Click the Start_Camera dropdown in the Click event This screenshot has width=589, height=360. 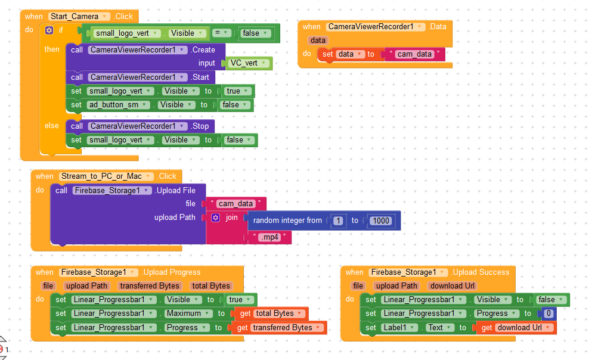pos(79,17)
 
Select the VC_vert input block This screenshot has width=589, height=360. pos(249,63)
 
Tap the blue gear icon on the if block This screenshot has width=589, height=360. pos(49,30)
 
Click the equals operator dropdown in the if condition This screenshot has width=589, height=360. pos(221,33)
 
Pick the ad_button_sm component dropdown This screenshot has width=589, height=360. pos(118,105)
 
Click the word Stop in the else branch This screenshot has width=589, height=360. pos(200,126)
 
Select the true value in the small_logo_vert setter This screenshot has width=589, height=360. pos(238,91)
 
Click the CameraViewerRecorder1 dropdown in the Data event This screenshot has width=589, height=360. pos(376,27)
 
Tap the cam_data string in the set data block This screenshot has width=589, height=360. pos(414,54)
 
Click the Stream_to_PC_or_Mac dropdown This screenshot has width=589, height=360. pos(106,176)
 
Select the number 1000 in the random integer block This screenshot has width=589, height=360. pos(381,221)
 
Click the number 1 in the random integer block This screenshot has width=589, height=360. pos(339,221)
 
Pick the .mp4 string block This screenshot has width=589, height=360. pos(270,237)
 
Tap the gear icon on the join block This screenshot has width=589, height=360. pos(216,218)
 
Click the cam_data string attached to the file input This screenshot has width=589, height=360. pos(236,203)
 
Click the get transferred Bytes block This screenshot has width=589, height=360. pos(280,328)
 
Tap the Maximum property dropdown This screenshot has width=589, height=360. pos(187,314)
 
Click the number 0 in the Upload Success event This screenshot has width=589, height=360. pos(548,314)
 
